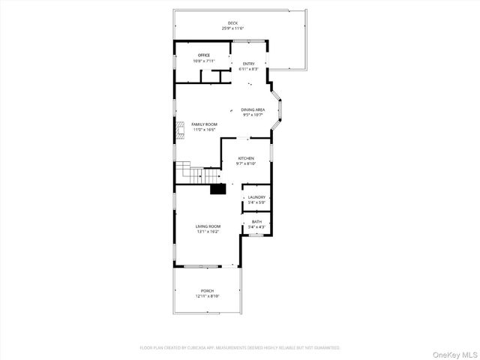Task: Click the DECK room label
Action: (232, 23)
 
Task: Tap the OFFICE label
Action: (203, 55)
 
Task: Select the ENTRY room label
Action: (248, 64)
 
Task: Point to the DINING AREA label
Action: (252, 109)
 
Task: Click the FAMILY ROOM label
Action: (204, 124)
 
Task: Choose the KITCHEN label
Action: (246, 158)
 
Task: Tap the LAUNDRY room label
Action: (256, 197)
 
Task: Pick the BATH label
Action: (256, 221)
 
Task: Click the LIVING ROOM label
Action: (208, 226)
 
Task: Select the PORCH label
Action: (207, 291)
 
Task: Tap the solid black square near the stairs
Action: (217, 188)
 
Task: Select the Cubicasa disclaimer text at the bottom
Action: (240, 348)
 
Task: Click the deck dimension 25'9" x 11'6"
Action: (232, 28)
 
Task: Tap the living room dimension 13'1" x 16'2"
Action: (208, 232)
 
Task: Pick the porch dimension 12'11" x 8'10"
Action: (207, 296)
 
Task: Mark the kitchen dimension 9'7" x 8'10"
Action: (246, 163)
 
